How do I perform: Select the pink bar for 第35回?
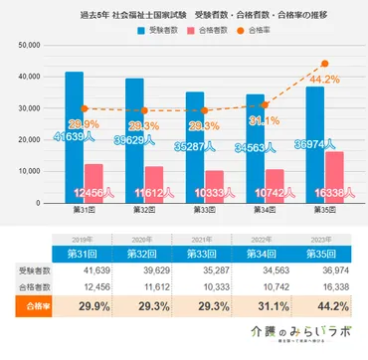tap(334, 175)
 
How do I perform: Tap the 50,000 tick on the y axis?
tap(27, 46)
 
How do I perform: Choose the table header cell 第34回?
tap(261, 255)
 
